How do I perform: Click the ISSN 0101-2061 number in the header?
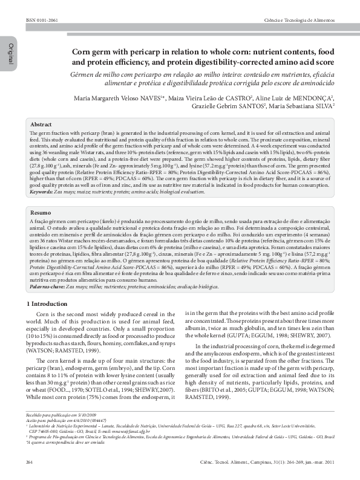click(x=40, y=21)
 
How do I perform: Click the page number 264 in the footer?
click(x=29, y=462)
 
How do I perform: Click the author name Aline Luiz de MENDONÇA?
click(x=303, y=97)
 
